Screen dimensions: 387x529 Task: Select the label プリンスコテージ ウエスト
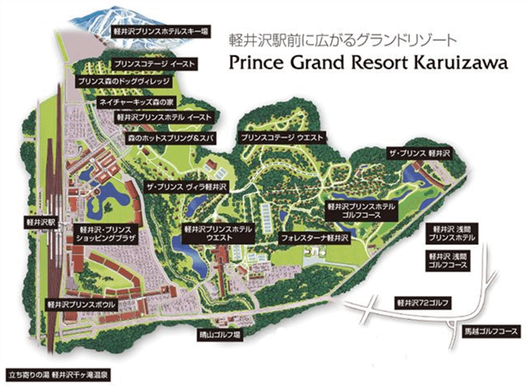tap(281, 138)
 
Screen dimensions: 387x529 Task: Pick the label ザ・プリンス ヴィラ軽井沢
tap(185, 186)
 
